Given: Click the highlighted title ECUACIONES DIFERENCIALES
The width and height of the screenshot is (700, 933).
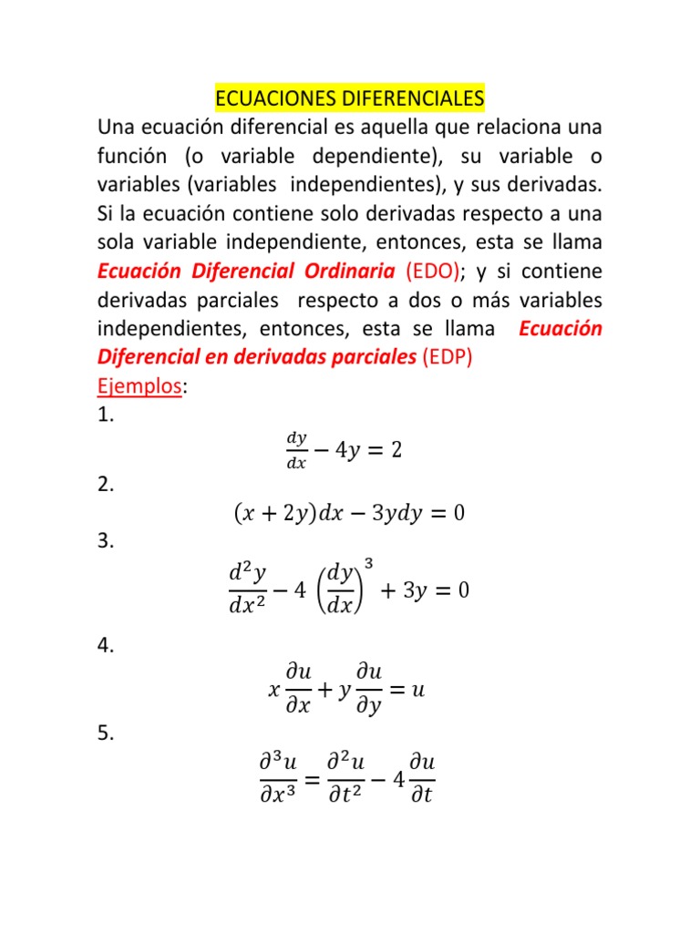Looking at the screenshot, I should tap(350, 97).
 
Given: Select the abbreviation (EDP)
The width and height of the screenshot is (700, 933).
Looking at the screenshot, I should tap(448, 358).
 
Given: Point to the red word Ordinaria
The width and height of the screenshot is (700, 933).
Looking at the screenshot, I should tap(349, 271).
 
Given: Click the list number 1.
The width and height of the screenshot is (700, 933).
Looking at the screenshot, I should tap(106, 415).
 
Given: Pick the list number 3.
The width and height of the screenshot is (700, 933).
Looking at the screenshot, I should tap(106, 541).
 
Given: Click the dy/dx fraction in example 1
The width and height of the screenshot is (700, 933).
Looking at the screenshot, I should tap(296, 450).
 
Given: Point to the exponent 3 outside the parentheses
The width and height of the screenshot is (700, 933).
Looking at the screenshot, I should tap(368, 565).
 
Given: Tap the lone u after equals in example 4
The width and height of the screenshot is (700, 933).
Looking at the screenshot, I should tap(418, 690).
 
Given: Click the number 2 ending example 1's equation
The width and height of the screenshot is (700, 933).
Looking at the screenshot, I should tap(396, 450).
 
